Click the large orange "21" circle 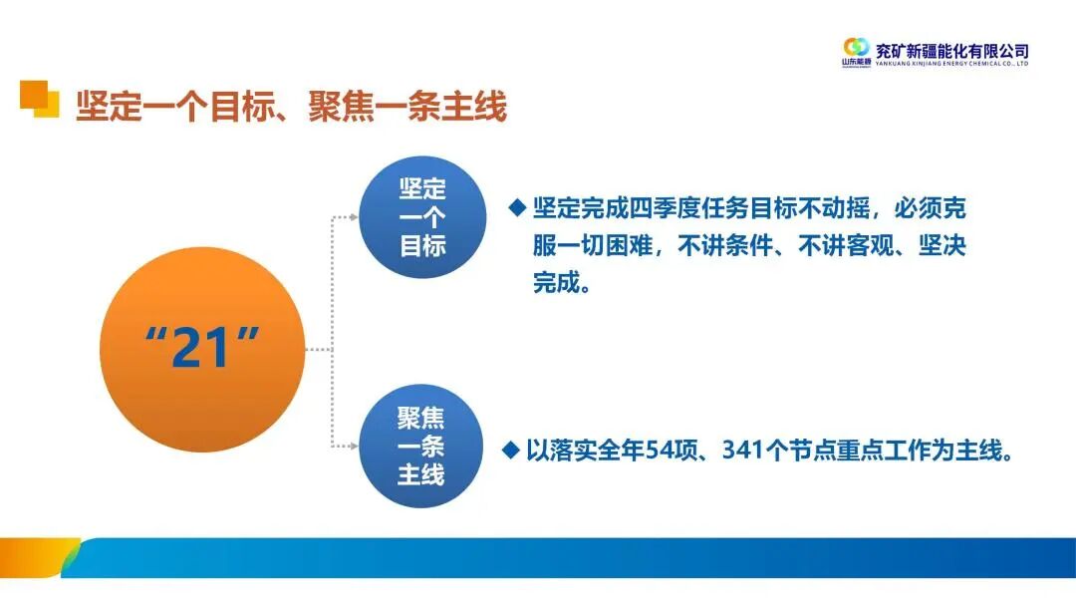tap(203, 349)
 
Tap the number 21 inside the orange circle tap(203, 349)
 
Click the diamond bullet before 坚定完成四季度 tap(516, 207)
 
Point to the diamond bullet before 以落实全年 tap(511, 451)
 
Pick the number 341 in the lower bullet tap(753, 452)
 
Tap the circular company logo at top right tap(856, 47)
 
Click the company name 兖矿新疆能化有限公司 tap(951, 50)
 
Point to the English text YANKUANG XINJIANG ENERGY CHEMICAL tap(951, 64)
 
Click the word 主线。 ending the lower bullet tap(984, 452)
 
